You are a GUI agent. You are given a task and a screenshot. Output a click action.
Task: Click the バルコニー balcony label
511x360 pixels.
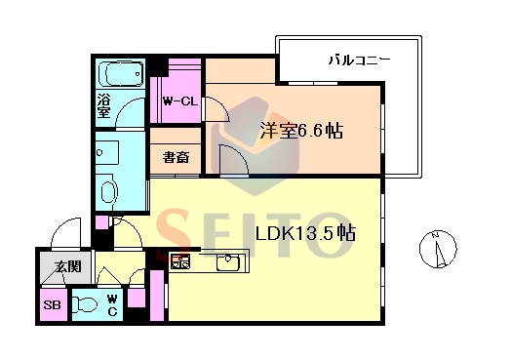pyautogui.click(x=359, y=60)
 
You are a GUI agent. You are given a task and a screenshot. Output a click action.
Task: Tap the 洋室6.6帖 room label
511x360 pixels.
pyautogui.click(x=301, y=131)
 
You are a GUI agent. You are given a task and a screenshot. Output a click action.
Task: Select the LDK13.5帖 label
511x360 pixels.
pyautogui.click(x=305, y=232)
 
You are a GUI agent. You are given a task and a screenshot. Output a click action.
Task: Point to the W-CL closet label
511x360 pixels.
pyautogui.click(x=180, y=101)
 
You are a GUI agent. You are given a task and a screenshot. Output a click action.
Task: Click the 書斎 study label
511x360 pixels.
pyautogui.click(x=177, y=157)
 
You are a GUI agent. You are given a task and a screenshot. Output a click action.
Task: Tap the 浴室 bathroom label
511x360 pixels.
pyautogui.click(x=103, y=105)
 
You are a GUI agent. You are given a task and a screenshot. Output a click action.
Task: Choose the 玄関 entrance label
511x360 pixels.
pyautogui.click(x=68, y=267)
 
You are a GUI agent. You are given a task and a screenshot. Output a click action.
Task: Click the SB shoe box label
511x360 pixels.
pyautogui.click(x=52, y=305)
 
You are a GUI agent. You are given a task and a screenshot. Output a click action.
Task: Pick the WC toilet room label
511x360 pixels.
pyautogui.click(x=112, y=305)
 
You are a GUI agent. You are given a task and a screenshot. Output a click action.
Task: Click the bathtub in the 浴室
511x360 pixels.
pyautogui.click(x=120, y=74)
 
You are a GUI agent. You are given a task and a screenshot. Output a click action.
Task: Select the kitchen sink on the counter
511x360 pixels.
pyautogui.click(x=228, y=262)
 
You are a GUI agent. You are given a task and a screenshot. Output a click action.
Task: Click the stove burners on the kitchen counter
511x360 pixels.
pyautogui.click(x=180, y=261)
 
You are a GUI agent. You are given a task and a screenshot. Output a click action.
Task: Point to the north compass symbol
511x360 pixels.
pyautogui.click(x=438, y=250)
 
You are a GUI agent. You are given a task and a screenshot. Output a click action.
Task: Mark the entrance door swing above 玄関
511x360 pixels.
pyautogui.click(x=66, y=233)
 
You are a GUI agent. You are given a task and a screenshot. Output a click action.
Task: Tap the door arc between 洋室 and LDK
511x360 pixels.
pyautogui.click(x=234, y=160)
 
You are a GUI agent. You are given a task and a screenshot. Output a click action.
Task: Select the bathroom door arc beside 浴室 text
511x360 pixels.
pyautogui.click(x=131, y=114)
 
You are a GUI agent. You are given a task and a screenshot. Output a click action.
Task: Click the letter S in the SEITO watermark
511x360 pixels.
pyautogui.click(x=174, y=234)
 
